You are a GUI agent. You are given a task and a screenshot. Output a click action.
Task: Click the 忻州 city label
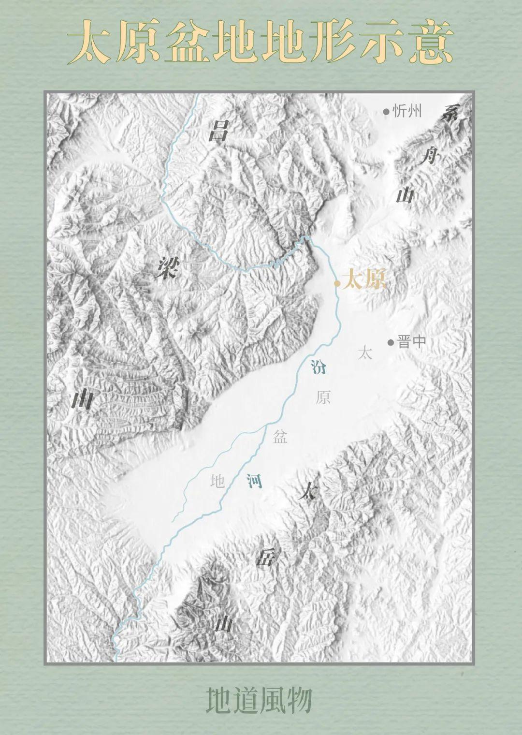[x=407, y=112]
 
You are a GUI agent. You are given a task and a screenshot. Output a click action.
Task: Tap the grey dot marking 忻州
[x=386, y=112]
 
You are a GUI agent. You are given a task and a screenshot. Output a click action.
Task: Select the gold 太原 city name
[x=364, y=280]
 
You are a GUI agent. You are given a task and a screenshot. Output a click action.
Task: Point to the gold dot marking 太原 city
[x=337, y=283]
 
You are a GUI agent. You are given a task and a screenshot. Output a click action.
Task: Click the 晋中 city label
[x=411, y=342]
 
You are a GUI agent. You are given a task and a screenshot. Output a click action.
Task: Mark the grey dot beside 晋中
[x=391, y=342]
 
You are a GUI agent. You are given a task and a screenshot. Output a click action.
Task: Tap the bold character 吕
[x=217, y=131]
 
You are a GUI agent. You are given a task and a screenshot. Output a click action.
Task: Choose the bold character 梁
[x=166, y=267]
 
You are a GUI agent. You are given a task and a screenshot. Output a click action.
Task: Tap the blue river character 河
[x=254, y=480]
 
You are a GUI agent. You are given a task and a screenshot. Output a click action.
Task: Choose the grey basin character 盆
[x=280, y=437]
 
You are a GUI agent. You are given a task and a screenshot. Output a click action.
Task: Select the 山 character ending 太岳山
[x=224, y=624]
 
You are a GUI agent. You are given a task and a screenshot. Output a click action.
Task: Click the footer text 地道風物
[x=259, y=700]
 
